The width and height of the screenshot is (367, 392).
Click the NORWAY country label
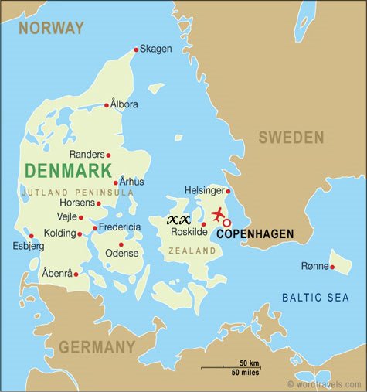pos(51,29)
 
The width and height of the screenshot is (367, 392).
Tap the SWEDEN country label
pos(291,138)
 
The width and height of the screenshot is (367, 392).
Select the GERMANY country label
pos(97,347)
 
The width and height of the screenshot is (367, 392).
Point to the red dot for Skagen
pos(137,49)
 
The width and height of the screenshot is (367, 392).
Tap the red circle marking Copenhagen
pos(226,223)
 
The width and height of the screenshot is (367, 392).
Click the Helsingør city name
pos(205,190)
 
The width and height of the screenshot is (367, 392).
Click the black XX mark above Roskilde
pos(178,220)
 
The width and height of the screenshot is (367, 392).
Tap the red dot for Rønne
pos(332,268)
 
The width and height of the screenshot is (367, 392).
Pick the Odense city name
pos(122,253)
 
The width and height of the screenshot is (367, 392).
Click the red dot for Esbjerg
pos(31,237)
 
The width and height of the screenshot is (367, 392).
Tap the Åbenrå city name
pos(57,274)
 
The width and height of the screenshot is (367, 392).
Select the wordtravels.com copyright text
pos(325,384)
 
